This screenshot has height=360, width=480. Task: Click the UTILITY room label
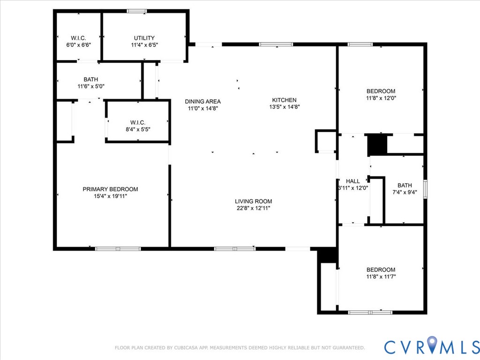[144, 38]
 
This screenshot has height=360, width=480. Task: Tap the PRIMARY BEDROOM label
[110, 189]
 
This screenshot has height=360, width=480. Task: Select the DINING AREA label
[202, 101]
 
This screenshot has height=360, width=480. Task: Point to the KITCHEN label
[285, 100]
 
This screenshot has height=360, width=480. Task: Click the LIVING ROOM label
[254, 201]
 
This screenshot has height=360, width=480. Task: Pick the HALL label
[352, 181]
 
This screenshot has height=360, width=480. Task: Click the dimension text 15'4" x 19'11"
[110, 196]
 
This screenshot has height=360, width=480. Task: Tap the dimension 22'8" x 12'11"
[254, 208]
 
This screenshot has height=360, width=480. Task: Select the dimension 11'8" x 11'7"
[381, 277]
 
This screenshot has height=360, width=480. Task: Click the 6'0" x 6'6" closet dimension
[79, 45]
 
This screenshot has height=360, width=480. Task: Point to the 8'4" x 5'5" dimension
[138, 129]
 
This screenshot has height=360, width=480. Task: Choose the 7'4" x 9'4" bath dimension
[405, 192]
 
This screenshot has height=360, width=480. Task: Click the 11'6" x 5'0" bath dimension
[91, 86]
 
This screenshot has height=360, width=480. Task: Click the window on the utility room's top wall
[137, 11]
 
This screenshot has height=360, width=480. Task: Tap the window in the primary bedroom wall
[118, 249]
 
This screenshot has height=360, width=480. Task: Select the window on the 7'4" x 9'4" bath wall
[425, 189]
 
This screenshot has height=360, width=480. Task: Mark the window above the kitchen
[276, 45]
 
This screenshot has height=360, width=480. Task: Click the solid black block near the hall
[377, 145]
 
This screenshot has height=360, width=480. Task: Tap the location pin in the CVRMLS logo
[432, 344]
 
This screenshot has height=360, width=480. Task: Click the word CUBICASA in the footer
[186, 348]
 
